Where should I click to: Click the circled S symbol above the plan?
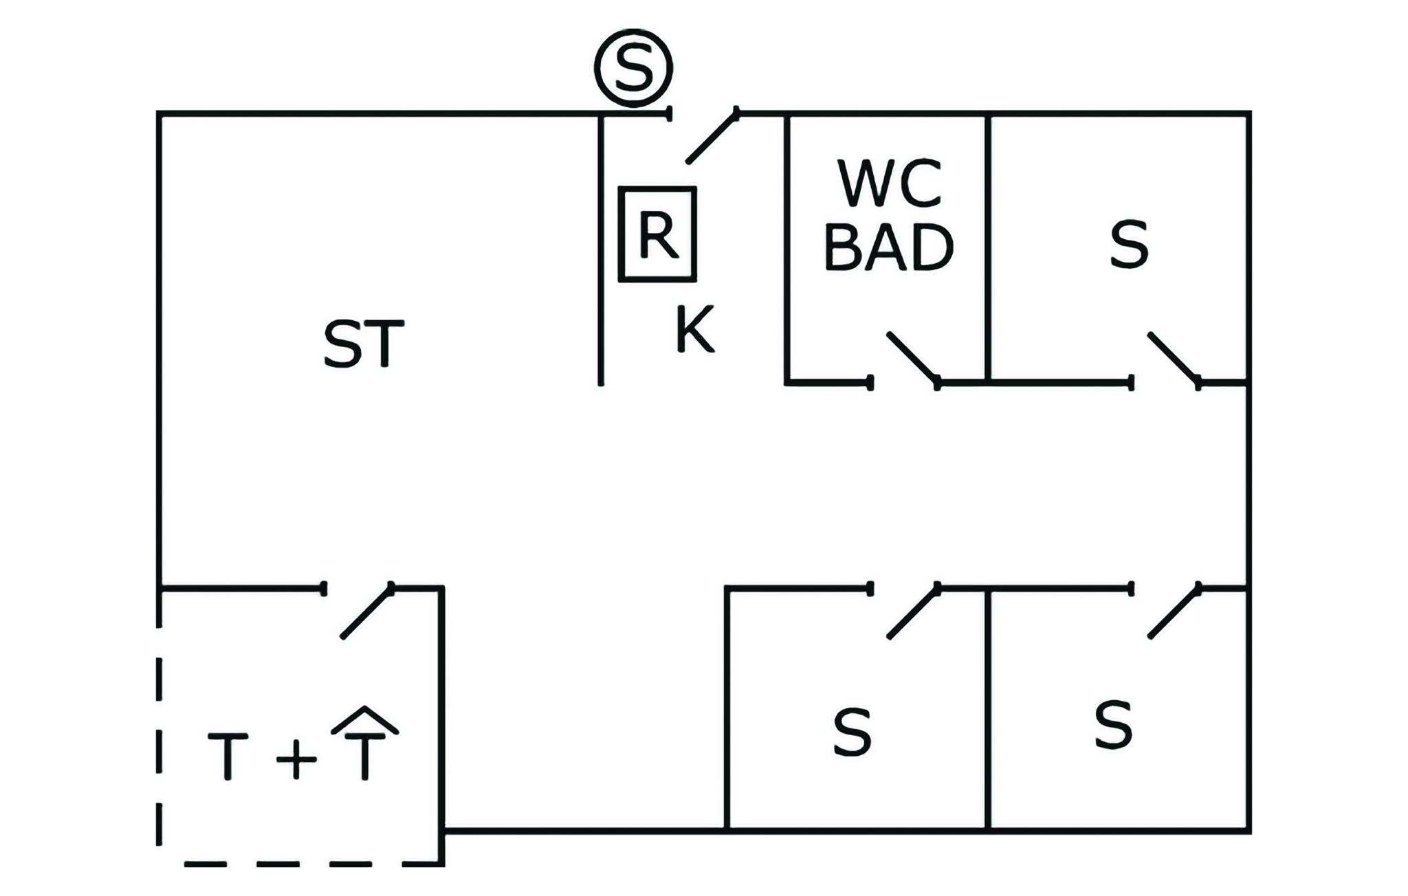pyautogui.click(x=633, y=67)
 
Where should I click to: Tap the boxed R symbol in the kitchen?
pyautogui.click(x=657, y=234)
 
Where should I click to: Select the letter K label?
pyautogui.click(x=694, y=330)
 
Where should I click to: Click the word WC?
pyautogui.click(x=889, y=184)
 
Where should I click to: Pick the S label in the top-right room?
pyautogui.click(x=1128, y=245)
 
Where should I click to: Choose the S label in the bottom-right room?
pyautogui.click(x=1113, y=725)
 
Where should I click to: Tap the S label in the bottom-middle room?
pyautogui.click(x=852, y=733)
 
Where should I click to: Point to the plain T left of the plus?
pyautogui.click(x=228, y=756)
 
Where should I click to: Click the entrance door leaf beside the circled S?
pyautogui.click(x=712, y=136)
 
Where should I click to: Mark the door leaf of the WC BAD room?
pyautogui.click(x=912, y=357)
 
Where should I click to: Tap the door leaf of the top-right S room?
pyautogui.click(x=1174, y=357)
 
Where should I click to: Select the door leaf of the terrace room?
pyautogui.click(x=367, y=612)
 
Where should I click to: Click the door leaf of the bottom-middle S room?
pyautogui.click(x=913, y=612)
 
